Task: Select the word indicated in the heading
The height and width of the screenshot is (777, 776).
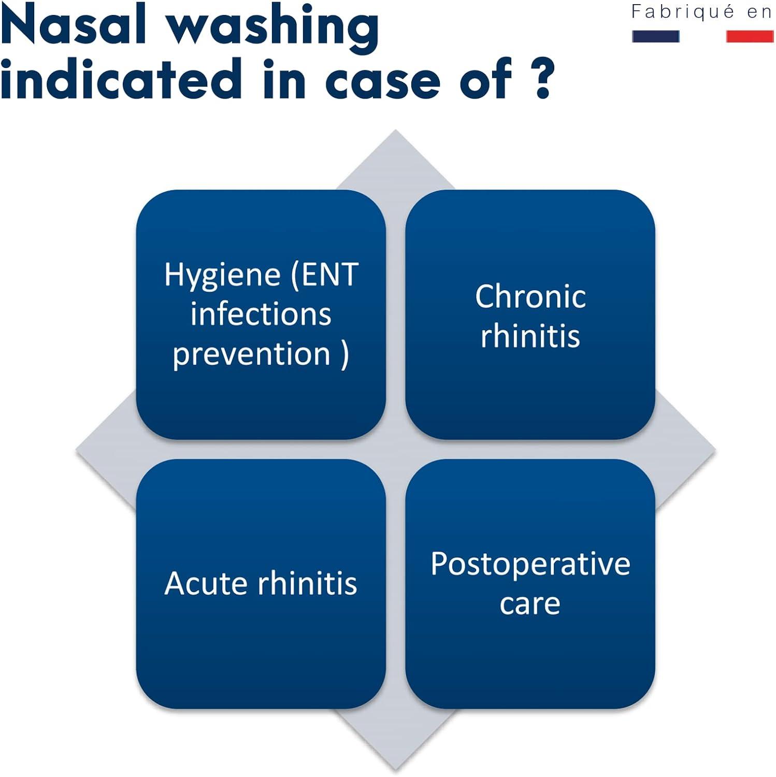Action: [121, 78]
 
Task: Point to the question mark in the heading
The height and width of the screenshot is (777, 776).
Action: [542, 78]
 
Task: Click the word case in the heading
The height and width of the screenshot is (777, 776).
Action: [382, 83]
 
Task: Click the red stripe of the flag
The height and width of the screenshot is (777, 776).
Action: [750, 36]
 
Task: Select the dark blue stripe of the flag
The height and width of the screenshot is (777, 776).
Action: [656, 36]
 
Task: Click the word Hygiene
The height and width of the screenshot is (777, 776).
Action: [223, 275]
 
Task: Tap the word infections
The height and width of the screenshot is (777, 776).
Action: [261, 314]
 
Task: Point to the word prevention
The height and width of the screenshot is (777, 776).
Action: [251, 355]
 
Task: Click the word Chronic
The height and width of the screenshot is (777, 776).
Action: [530, 297]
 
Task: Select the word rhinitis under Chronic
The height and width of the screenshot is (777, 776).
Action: [530, 336]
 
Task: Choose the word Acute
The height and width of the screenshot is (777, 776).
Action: [207, 583]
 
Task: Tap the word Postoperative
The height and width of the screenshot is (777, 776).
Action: [530, 565]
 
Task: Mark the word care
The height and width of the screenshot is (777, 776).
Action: [530, 605]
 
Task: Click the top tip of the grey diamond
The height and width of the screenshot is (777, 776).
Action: [396, 129]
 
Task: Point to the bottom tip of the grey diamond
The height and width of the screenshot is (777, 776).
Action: [396, 770]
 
